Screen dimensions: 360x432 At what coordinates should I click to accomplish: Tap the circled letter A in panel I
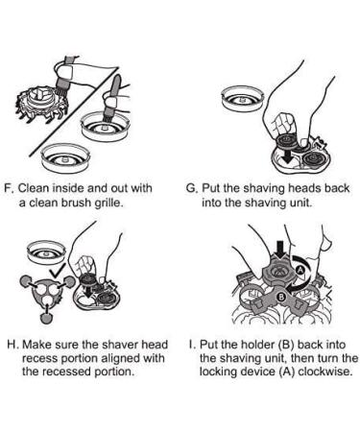point(300,270)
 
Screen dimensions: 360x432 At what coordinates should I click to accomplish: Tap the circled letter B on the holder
point(280,297)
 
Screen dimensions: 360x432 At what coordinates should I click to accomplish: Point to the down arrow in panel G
point(289,155)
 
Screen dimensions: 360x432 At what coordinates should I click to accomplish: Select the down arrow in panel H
point(87,290)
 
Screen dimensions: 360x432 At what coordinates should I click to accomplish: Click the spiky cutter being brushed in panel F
point(41,104)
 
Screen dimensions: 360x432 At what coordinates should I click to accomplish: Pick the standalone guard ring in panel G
point(243,98)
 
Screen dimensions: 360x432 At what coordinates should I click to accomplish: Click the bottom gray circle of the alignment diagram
point(47,318)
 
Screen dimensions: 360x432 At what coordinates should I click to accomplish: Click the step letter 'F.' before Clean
point(9,188)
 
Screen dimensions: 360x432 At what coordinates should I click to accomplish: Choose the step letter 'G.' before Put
point(192,188)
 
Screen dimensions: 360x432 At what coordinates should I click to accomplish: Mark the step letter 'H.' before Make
point(13,345)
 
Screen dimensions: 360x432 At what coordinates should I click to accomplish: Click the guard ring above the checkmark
point(47,252)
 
